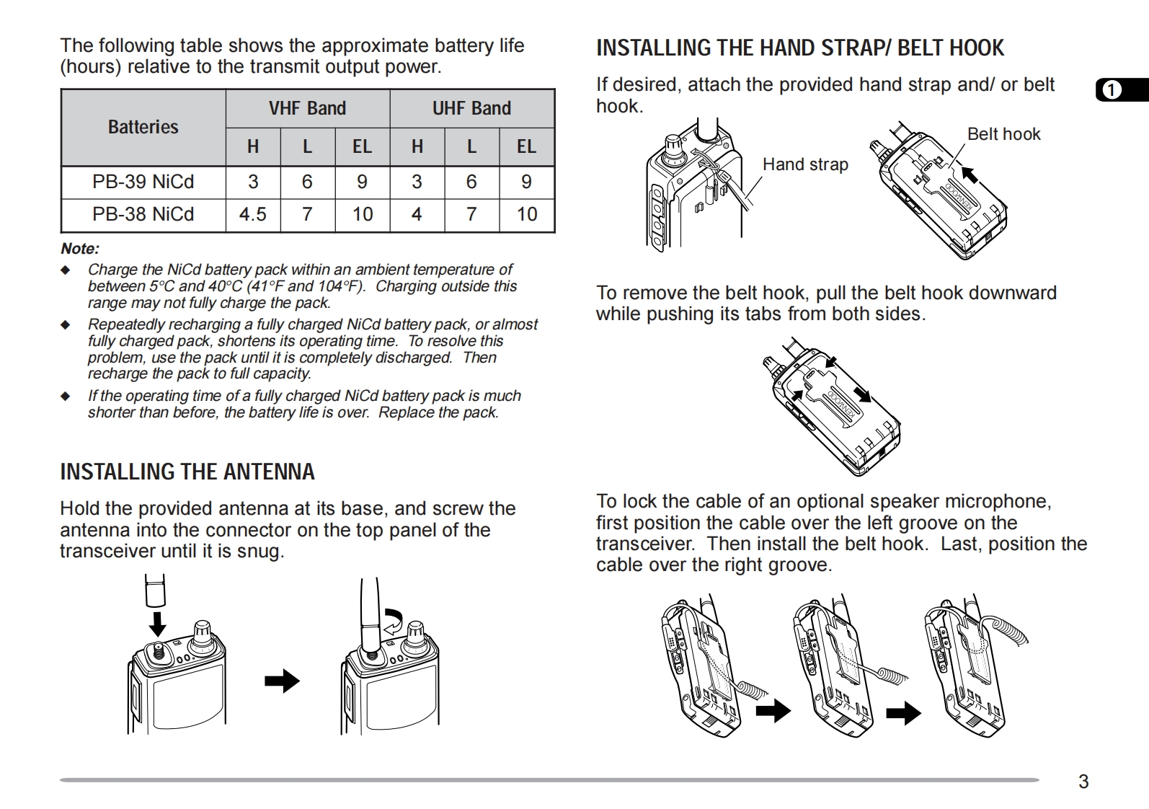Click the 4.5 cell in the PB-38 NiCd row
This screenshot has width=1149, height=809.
point(252,214)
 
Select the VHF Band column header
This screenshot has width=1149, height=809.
point(307,108)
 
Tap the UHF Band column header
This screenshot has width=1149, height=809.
point(471,108)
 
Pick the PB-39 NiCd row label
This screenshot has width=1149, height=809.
point(143,182)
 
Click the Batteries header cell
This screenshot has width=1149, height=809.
point(143,127)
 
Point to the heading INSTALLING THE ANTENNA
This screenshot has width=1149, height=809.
point(187,472)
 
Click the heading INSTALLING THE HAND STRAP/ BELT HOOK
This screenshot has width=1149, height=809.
point(799,48)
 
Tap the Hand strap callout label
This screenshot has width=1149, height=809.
point(805,164)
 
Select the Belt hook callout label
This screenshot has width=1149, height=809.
point(1003,134)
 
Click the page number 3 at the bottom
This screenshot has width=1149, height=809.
point(1083,782)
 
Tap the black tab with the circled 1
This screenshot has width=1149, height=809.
point(1121,89)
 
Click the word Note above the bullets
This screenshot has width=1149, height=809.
point(79,249)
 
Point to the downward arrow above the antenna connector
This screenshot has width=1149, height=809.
point(156,622)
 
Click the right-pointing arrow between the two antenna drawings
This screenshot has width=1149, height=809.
point(282,680)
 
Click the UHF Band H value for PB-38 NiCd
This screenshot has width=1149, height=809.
point(417,214)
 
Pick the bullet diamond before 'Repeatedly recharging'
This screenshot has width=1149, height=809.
point(66,325)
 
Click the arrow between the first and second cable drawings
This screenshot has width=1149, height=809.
point(773,712)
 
